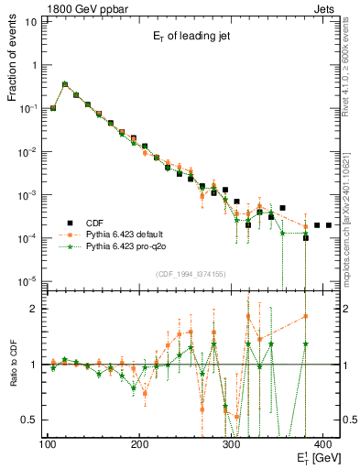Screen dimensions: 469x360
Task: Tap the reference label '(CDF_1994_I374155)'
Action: (190, 274)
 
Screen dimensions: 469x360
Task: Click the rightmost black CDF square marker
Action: (328, 224)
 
